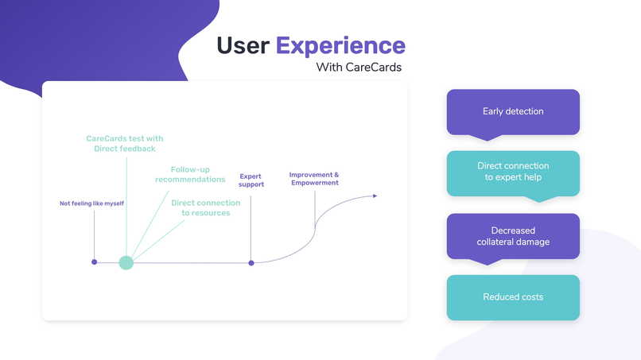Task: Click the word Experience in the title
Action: (340, 45)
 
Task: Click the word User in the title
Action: (243, 45)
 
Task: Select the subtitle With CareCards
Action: (359, 68)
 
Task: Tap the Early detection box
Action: (513, 112)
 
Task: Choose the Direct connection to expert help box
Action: (513, 172)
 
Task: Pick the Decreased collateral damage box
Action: (513, 236)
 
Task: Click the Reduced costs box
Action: (513, 297)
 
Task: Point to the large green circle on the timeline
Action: (126, 262)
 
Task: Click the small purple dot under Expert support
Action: (251, 262)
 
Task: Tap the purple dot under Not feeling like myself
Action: (95, 261)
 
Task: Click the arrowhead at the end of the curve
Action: (375, 196)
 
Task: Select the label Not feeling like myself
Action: (91, 203)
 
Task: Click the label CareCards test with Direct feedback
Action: (125, 144)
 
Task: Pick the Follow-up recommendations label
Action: (191, 174)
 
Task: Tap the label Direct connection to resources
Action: (205, 207)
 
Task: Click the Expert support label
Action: (251, 180)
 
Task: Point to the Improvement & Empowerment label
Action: (314, 179)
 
